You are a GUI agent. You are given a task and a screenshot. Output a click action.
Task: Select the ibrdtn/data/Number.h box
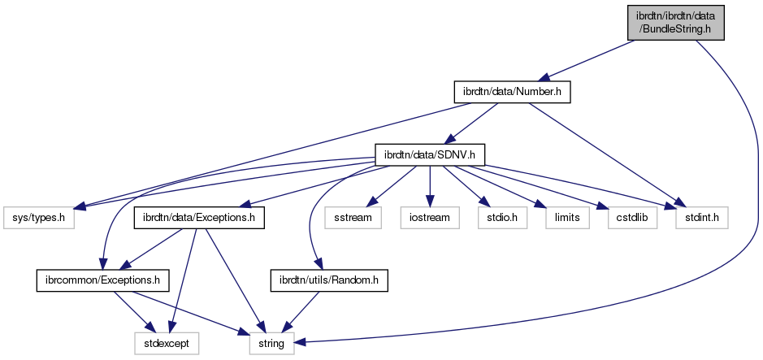[511, 93]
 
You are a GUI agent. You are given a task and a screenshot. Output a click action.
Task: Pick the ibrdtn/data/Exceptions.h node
[193, 219]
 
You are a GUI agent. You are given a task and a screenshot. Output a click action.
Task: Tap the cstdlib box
[623, 219]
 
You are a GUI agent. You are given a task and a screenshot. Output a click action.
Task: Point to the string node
[271, 344]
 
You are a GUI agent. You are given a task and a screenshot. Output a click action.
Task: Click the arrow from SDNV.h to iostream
[430, 187]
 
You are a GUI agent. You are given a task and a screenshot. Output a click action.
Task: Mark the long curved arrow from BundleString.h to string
[743, 163]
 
